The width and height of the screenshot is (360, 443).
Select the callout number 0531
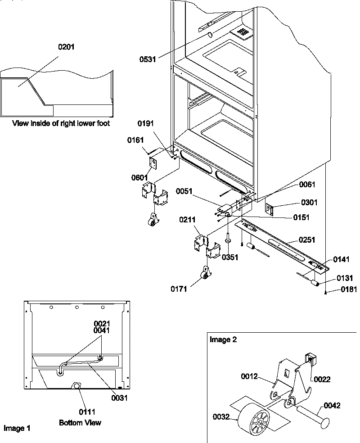[148, 59]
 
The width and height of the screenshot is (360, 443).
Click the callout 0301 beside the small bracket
[310, 203]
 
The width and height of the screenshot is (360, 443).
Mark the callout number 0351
[230, 257]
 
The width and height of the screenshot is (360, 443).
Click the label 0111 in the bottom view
[87, 411]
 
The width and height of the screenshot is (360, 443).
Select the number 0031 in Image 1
[119, 398]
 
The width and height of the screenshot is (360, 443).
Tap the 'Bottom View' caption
[80, 423]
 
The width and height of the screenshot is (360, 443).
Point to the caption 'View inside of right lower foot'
[61, 123]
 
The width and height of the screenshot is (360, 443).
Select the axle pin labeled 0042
[312, 414]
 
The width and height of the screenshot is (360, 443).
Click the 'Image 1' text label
[17, 428]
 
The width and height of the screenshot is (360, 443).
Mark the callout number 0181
[347, 290]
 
